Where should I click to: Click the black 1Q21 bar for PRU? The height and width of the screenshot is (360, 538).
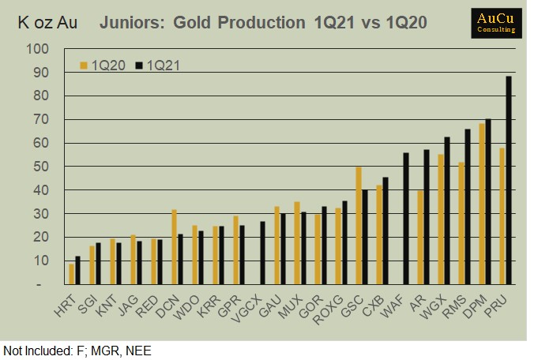pyautogui.click(x=509, y=180)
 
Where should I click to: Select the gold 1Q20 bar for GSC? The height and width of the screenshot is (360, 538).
pyautogui.click(x=359, y=225)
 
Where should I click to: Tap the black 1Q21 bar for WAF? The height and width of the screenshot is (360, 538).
pyautogui.click(x=406, y=219)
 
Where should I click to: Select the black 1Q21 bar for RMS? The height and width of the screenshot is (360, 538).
pyautogui.click(x=468, y=207)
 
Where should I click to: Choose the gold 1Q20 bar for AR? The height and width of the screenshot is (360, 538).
pyautogui.click(x=420, y=237)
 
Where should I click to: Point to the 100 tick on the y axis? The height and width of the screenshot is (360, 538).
pyautogui.click(x=39, y=49)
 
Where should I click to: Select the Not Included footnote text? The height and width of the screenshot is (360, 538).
pyautogui.click(x=77, y=351)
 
